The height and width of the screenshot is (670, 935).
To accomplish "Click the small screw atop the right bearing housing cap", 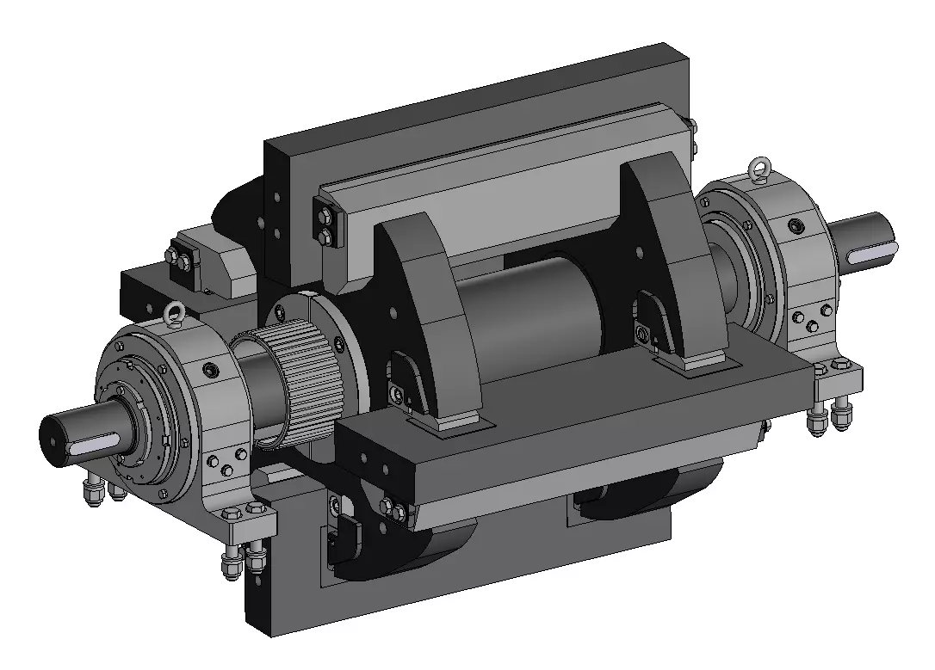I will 797,225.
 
